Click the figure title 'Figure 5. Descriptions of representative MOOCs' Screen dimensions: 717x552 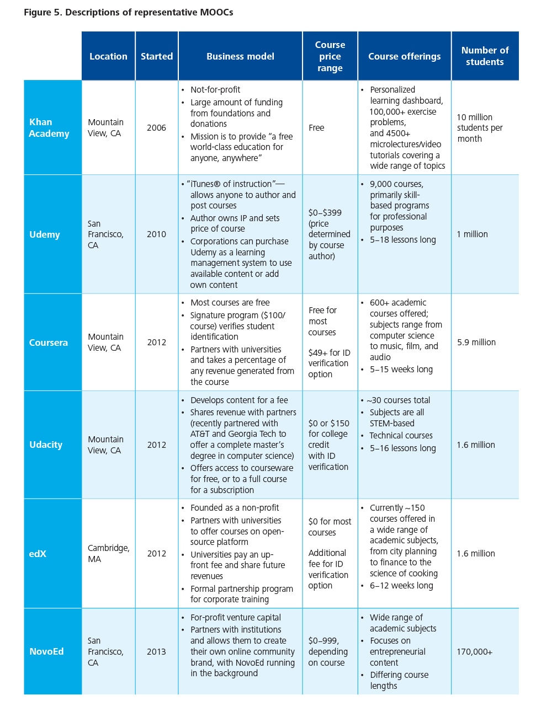[128, 12]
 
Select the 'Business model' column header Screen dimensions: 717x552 [240, 56]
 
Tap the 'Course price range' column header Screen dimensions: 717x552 [330, 56]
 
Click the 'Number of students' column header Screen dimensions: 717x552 [485, 56]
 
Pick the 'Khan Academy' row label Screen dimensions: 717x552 [49, 127]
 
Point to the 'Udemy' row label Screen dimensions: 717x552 [45, 234]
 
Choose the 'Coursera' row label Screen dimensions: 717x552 [49, 343]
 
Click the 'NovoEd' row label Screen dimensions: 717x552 [46, 651]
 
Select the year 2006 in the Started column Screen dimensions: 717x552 [156, 127]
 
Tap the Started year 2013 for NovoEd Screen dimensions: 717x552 [156, 651]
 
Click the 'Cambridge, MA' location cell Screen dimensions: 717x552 [108, 553]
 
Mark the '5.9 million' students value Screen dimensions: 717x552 [476, 343]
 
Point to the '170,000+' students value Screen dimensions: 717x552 [474, 651]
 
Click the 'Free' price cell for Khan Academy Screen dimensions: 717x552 [316, 127]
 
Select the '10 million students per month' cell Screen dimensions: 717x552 [480, 128]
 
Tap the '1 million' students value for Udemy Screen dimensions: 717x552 [472, 234]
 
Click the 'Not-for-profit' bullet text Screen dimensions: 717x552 [215, 89]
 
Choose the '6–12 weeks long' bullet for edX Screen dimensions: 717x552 [401, 585]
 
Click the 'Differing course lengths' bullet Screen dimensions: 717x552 [399, 680]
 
